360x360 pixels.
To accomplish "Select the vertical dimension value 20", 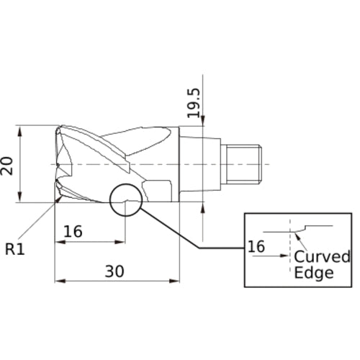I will tap(9, 166).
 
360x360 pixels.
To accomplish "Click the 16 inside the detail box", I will tap(256, 247).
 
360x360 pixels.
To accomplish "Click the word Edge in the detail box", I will tap(314, 273).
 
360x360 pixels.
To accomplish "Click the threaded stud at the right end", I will tap(246, 163).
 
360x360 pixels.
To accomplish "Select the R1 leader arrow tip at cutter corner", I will tap(55, 202).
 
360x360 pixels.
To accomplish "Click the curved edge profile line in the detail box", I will tap(317, 227).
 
